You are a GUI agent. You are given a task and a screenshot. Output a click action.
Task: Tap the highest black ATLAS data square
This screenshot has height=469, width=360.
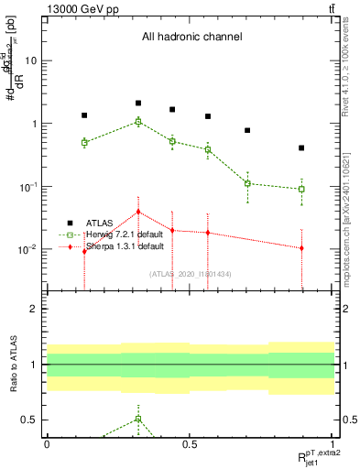pyautogui.click(x=138, y=104)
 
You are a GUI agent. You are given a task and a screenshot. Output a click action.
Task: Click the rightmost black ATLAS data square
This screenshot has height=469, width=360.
pyautogui.click(x=301, y=148)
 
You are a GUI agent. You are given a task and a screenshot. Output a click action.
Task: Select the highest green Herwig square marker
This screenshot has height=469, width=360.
pyautogui.click(x=138, y=121)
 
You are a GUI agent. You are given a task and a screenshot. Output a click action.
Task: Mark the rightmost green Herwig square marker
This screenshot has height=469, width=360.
pyautogui.click(x=301, y=190)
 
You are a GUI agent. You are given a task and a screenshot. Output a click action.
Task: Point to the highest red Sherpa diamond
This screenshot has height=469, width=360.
pyautogui.click(x=138, y=212)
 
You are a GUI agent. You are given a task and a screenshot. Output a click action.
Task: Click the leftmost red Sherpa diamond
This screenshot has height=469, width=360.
pyautogui.click(x=84, y=251)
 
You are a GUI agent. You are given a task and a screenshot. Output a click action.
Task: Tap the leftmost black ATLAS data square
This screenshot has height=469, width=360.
pyautogui.click(x=84, y=115)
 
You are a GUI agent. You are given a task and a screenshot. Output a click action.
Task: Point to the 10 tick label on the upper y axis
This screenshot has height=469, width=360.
pyautogui.click(x=31, y=60)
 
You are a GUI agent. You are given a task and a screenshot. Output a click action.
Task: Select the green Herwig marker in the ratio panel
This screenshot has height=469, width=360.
pyautogui.click(x=138, y=419)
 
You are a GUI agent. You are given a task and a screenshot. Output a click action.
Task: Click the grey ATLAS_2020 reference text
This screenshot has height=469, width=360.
pyautogui.click(x=190, y=274)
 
